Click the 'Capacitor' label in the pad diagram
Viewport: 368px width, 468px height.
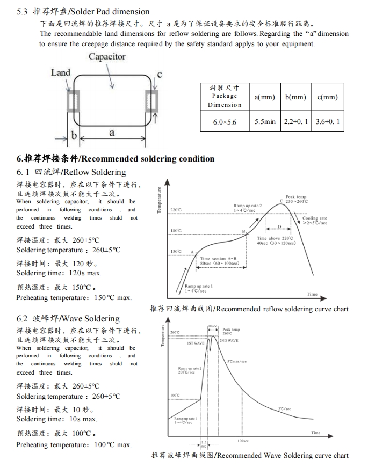point(107,57)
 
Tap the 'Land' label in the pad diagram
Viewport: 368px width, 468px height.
point(61,72)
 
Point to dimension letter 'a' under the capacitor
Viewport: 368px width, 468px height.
point(111,132)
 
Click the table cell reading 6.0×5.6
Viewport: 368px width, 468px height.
point(225,122)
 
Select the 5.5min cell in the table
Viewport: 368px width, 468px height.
point(265,122)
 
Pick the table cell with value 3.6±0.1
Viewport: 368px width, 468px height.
point(328,122)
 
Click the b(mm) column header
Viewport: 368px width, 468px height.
point(295,97)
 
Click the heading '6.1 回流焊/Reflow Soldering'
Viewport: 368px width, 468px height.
point(71,172)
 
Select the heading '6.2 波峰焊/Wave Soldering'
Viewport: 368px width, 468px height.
point(68,319)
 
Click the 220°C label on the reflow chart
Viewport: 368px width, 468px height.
point(176,210)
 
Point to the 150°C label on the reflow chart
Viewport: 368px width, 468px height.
point(176,251)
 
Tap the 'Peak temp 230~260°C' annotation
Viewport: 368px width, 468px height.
point(296,199)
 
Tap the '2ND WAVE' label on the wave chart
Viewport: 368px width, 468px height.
point(229,341)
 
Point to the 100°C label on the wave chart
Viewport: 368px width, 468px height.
point(175,396)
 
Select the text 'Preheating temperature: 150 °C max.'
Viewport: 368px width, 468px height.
point(74,298)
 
